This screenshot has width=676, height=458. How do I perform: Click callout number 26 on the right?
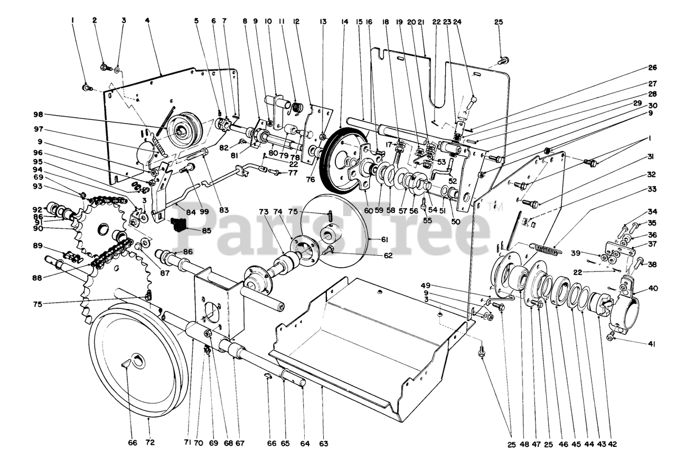click(653, 67)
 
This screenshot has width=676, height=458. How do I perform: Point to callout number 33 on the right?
click(653, 189)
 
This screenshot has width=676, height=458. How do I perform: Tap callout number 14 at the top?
click(345, 22)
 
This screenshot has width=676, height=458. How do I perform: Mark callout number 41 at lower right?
click(652, 344)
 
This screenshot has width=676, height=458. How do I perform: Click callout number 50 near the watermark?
click(455, 222)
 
